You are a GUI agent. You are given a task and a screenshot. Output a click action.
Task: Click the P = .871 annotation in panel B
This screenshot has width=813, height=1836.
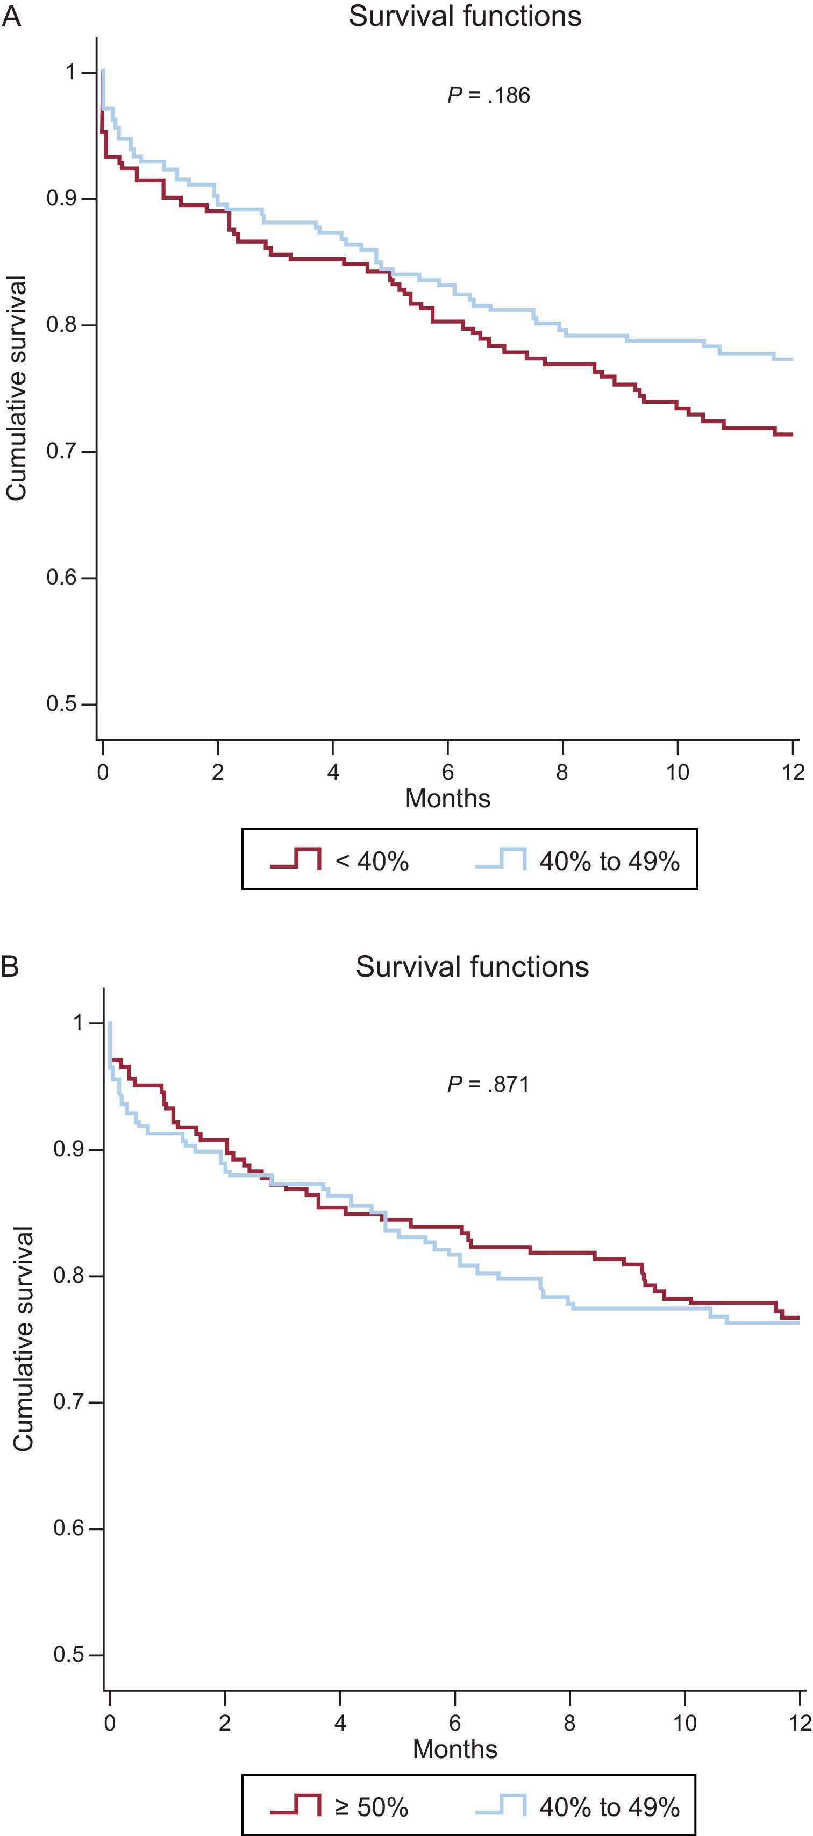pyautogui.click(x=488, y=1084)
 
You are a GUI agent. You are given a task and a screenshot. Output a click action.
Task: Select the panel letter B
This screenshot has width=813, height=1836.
pyautogui.click(x=10, y=966)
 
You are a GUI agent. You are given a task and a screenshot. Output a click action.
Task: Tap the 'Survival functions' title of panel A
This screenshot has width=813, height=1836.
pyautogui.click(x=465, y=16)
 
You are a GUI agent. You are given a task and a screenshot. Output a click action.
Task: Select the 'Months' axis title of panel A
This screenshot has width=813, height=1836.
pyautogui.click(x=447, y=798)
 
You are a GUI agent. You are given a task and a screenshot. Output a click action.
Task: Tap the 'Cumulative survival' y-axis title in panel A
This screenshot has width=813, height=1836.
pyautogui.click(x=17, y=388)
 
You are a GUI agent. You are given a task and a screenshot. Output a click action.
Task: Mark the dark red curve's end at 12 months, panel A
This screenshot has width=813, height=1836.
pyautogui.click(x=791, y=434)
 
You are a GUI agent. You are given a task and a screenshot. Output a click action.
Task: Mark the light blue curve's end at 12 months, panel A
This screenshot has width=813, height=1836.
pyautogui.click(x=791, y=359)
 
